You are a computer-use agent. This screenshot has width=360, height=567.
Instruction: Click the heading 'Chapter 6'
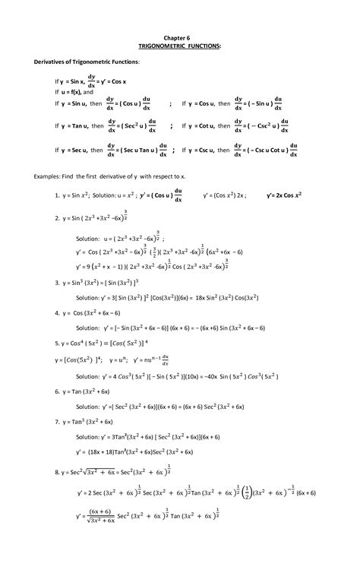(180, 36)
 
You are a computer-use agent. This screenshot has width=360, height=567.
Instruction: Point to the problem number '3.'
(57, 282)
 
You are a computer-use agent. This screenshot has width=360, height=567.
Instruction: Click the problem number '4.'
(57, 312)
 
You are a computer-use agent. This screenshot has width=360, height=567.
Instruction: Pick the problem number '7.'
(57, 420)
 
